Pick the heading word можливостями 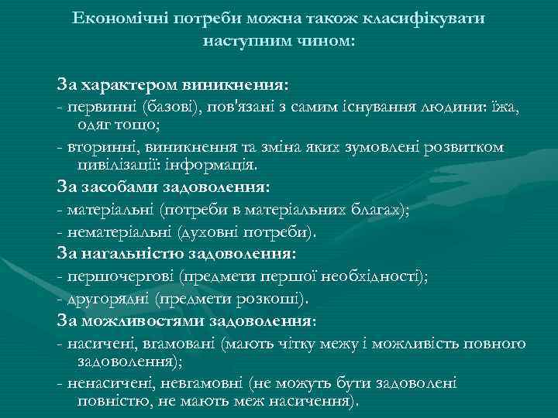[x=143, y=319]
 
